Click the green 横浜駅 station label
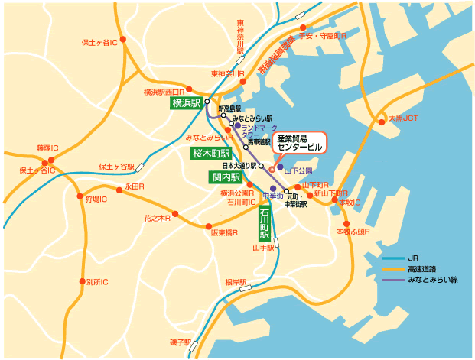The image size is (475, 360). [x=186, y=102]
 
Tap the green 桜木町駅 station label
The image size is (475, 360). [x=210, y=154]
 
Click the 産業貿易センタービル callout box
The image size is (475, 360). [x=291, y=143]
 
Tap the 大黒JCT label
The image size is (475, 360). [x=403, y=118]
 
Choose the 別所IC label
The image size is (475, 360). [x=97, y=282]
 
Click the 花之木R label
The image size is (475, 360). [x=157, y=218]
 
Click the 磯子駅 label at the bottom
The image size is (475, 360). [x=181, y=342]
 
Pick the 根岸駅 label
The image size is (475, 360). [x=236, y=282]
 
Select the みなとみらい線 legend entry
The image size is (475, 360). [x=432, y=280]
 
